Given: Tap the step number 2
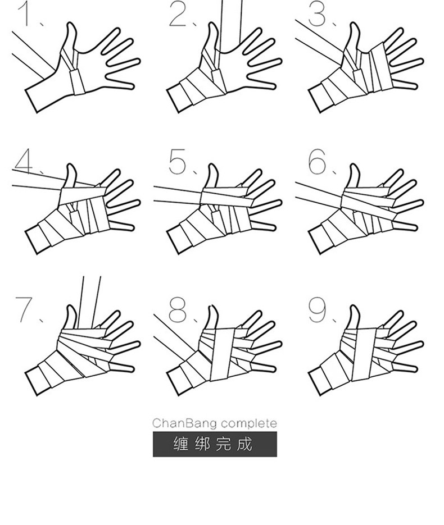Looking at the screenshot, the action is pos(178,14).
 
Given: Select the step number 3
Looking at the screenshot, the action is pos(317,14).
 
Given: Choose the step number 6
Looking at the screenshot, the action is pos(317,161).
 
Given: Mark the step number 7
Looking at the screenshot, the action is pos(24,310).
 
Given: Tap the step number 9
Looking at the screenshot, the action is pos(317,310).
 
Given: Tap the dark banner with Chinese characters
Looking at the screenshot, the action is pos(215,444).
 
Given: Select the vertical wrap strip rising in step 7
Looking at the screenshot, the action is pos(89,302).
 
